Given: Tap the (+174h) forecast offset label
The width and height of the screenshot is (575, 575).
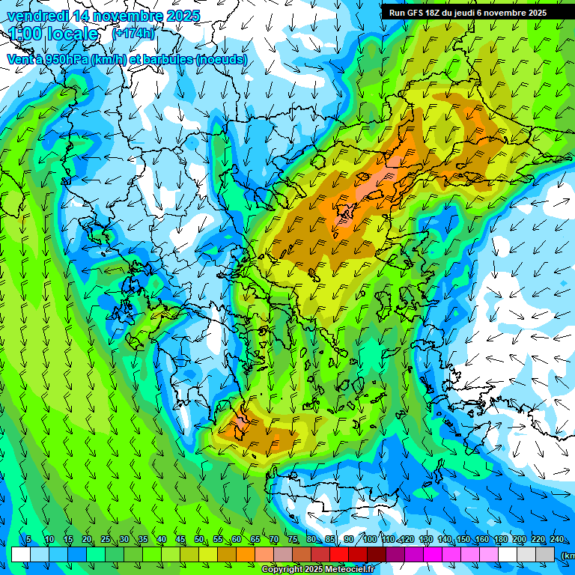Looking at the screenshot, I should (x=133, y=34).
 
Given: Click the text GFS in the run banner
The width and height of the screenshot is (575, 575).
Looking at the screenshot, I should (x=416, y=13).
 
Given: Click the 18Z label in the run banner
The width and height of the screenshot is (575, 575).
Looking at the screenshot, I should (x=439, y=13).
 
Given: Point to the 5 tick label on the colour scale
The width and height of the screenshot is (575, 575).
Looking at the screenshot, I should (x=28, y=540).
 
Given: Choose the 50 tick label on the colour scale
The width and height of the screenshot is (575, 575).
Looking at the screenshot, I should (x=199, y=540).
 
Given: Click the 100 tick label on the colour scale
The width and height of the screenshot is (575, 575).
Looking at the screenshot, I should (x=369, y=540).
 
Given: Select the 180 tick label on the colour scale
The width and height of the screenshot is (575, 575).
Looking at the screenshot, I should (x=501, y=540).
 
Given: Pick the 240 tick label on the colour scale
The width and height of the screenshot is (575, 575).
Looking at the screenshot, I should (x=557, y=540).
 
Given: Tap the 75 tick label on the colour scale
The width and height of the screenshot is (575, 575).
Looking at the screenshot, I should (x=293, y=540).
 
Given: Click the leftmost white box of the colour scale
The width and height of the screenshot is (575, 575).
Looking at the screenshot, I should (x=21, y=554).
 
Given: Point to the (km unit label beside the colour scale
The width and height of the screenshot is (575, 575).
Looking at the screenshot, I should (x=568, y=555).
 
